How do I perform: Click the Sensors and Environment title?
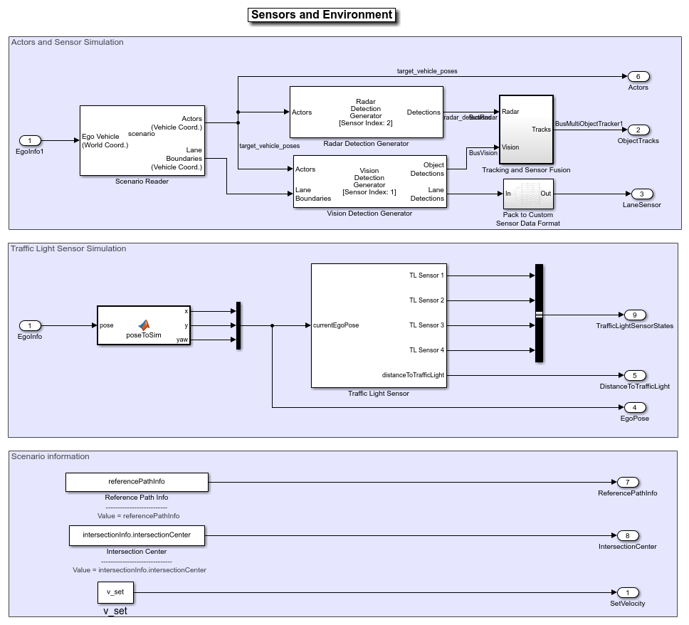(322, 15)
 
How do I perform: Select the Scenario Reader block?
(142, 140)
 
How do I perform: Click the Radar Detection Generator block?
(366, 112)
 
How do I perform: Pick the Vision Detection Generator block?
(369, 182)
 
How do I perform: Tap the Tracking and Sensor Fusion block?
(526, 130)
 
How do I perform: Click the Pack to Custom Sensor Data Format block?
(527, 194)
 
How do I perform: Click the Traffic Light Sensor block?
(378, 325)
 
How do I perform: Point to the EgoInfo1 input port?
(30, 140)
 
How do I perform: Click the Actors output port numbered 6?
(638, 76)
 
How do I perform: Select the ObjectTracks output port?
(638, 130)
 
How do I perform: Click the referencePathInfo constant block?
(137, 482)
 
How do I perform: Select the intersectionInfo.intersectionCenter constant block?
(137, 535)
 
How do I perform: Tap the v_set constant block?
(115, 592)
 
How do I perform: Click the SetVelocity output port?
(627, 592)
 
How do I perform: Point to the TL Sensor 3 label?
(426, 325)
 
